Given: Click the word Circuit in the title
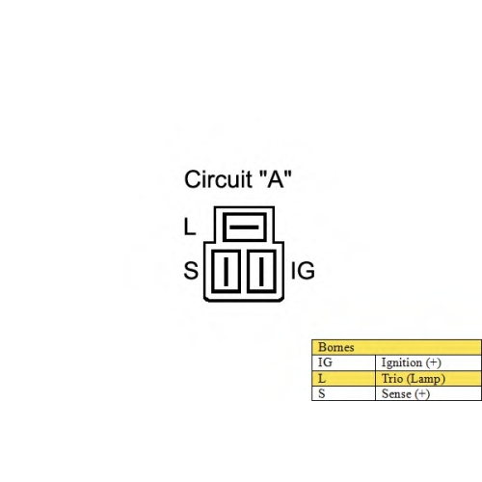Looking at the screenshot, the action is click(219, 179).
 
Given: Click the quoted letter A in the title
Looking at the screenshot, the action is click(276, 178).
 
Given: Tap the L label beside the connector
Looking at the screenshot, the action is click(190, 227).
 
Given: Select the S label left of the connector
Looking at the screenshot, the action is click(191, 271).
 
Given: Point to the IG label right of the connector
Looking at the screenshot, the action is click(303, 271).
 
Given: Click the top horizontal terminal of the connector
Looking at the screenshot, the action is click(245, 227).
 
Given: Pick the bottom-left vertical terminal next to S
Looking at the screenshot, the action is click(226, 272).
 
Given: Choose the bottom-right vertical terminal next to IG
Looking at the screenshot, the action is click(261, 272).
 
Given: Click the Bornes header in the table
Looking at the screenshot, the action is click(336, 347).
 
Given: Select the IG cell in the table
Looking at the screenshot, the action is click(325, 362).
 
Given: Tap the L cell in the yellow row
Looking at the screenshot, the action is click(322, 379).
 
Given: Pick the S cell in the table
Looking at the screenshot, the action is click(322, 394).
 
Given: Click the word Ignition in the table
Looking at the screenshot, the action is click(402, 363).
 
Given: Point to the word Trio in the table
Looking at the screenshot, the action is click(392, 379).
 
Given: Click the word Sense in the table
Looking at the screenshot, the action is click(396, 394).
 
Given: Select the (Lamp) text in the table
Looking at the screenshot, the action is click(426, 379).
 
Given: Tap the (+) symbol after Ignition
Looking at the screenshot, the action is click(434, 362).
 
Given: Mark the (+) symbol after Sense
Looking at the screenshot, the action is click(422, 394).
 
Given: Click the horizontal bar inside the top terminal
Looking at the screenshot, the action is click(244, 228).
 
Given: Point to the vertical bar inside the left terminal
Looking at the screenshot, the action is click(226, 272).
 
